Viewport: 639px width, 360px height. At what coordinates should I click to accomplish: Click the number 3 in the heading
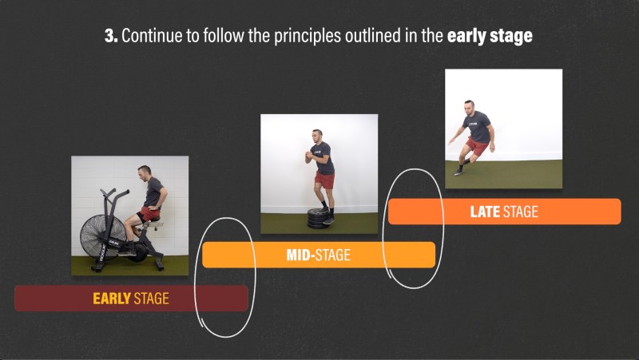point(110,36)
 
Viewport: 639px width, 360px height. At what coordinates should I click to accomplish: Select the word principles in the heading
point(308,37)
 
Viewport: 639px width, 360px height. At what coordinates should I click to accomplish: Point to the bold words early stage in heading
point(490,37)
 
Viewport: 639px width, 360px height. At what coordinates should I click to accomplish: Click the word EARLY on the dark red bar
point(112,299)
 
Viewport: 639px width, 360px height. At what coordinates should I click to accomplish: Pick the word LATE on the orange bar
point(485,212)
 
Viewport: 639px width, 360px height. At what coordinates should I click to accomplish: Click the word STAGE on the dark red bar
point(151,299)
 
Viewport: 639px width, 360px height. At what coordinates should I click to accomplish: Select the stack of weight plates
point(318,219)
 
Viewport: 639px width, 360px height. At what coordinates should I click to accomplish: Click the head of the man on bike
point(144,172)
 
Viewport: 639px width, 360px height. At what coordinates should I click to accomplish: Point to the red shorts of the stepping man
point(325,180)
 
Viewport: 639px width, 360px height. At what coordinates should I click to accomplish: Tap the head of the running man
point(469,107)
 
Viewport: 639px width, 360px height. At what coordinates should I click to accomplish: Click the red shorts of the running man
point(477,146)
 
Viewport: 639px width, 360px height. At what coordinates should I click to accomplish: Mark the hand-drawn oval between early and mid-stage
point(225,277)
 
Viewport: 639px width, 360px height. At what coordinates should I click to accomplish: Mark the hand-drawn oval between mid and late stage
point(413,228)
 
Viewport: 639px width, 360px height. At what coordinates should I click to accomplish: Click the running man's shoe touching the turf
point(458,172)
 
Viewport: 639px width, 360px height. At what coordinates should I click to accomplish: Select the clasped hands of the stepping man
point(308,156)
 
